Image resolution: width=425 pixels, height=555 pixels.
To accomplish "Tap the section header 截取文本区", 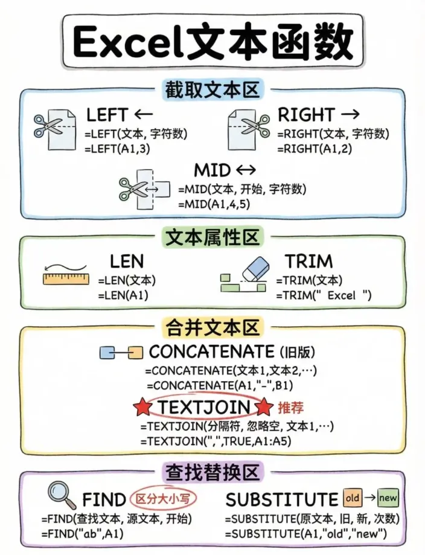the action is point(212,91).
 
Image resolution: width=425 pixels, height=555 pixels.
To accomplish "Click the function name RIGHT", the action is point(305,114).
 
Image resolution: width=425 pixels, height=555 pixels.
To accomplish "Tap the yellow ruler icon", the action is point(66,278).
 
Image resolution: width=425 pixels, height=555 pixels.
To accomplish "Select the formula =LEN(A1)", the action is point(123,296).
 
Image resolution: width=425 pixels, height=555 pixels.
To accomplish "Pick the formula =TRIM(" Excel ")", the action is point(324,296).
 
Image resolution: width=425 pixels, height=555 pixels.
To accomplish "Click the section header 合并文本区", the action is point(212,328).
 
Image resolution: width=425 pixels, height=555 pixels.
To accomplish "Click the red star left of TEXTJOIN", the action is point(143,408).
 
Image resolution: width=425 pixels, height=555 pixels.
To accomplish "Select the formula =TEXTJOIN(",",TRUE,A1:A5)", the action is point(216,441).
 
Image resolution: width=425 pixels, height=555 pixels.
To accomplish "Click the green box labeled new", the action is point(388,498).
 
